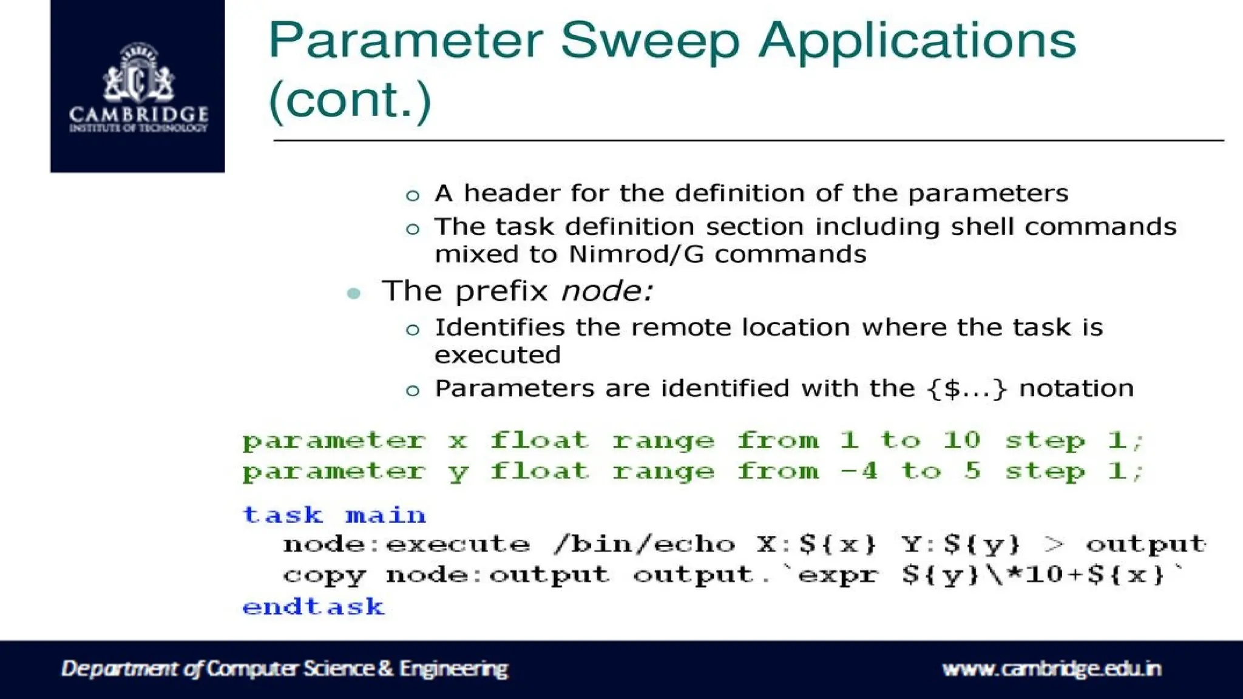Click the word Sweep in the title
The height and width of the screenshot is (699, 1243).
pyautogui.click(x=649, y=41)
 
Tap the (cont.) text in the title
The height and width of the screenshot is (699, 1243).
pyautogui.click(x=350, y=100)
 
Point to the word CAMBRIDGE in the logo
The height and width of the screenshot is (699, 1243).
pyautogui.click(x=138, y=114)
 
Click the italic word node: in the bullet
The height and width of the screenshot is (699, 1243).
pyautogui.click(x=607, y=291)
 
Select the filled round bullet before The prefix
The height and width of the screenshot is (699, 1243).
pyautogui.click(x=354, y=294)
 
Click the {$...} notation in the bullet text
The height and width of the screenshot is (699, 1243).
pyautogui.click(x=967, y=388)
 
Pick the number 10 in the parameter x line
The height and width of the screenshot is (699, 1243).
pyautogui.click(x=961, y=440)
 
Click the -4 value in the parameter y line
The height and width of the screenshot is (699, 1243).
pyautogui.click(x=859, y=471)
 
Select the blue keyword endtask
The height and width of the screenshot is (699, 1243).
pyautogui.click(x=313, y=607)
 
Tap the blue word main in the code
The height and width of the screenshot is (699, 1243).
pyautogui.click(x=386, y=515)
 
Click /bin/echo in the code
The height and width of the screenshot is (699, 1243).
pyautogui.click(x=644, y=544)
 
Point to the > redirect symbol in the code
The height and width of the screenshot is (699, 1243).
pyautogui.click(x=1054, y=544)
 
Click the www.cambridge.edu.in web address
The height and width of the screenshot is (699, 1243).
pyautogui.click(x=1051, y=669)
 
